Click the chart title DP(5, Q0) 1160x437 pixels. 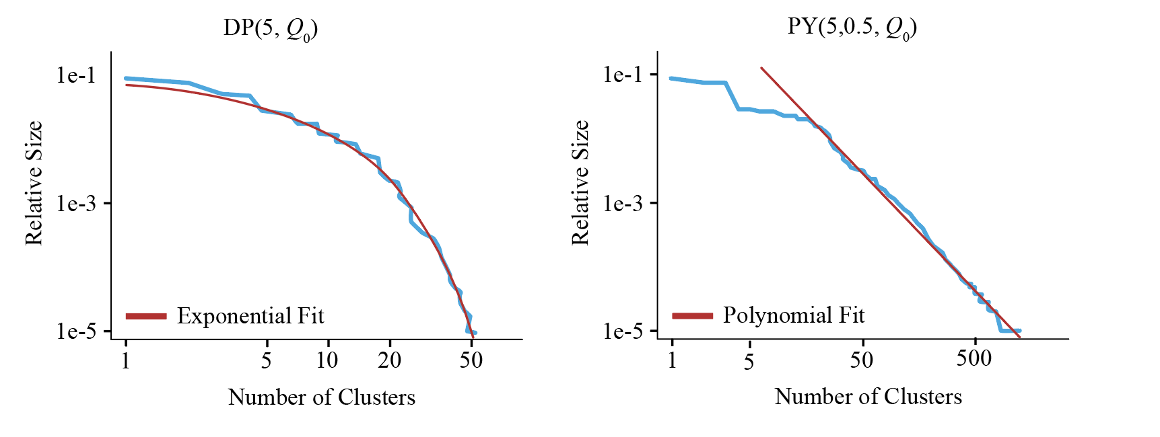(270, 28)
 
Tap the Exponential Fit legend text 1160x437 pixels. (250, 316)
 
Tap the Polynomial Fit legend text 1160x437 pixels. (794, 315)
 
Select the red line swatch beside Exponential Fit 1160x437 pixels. (146, 316)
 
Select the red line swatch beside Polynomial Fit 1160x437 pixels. (692, 315)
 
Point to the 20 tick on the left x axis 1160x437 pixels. (390, 360)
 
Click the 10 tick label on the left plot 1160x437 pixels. (327, 360)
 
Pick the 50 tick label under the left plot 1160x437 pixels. (471, 360)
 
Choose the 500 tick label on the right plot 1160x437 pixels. (974, 358)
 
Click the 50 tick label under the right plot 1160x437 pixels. (861, 360)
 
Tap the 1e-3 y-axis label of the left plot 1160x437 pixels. (77, 203)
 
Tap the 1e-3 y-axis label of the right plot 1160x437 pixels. (623, 203)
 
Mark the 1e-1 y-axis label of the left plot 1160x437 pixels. (77, 75)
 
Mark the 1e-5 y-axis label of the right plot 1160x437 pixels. (623, 331)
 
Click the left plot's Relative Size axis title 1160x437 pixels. (34, 183)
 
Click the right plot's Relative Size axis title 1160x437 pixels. (580, 183)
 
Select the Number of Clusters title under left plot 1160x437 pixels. (322, 397)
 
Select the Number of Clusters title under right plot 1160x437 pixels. (868, 397)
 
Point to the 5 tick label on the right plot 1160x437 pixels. (749, 362)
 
